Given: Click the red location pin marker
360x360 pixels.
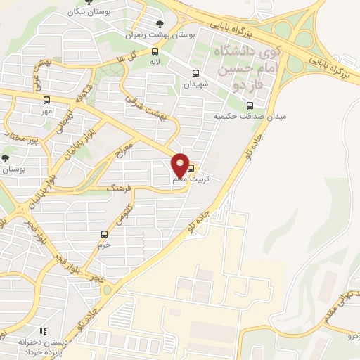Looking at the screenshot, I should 181,165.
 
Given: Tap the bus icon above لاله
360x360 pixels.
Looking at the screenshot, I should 155,51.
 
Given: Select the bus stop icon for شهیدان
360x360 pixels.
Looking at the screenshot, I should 195,73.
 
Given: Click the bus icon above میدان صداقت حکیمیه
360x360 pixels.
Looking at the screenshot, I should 247,105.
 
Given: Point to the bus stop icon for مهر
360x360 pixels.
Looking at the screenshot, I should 47,100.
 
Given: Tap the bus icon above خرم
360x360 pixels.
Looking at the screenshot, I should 104,234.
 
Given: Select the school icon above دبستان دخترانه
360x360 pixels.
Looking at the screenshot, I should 42,330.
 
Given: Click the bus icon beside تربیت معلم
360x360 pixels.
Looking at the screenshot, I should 192,167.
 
